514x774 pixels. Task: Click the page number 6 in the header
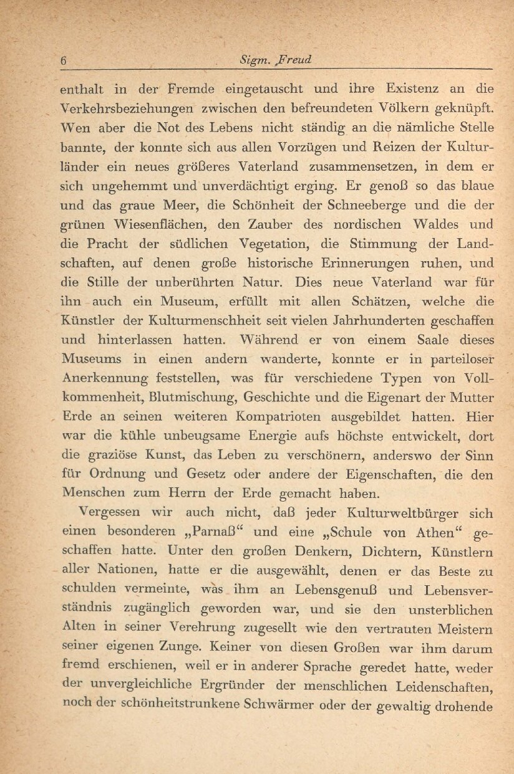point(64,61)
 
